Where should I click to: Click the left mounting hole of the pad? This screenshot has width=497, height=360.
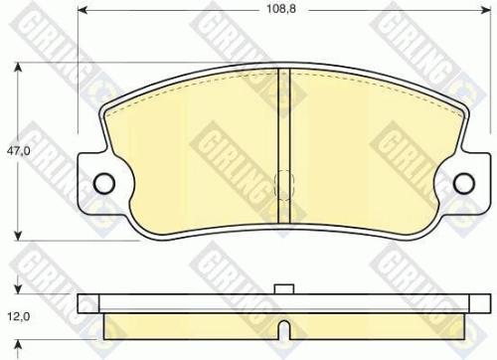coord(101,182)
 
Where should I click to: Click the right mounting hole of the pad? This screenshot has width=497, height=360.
coord(461,182)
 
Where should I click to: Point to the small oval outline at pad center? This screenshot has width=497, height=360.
coord(282,183)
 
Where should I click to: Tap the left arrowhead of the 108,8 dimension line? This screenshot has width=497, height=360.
coord(82,26)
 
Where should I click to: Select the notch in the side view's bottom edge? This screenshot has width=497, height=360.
coord(283,327)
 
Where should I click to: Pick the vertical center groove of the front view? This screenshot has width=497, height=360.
coord(282,129)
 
